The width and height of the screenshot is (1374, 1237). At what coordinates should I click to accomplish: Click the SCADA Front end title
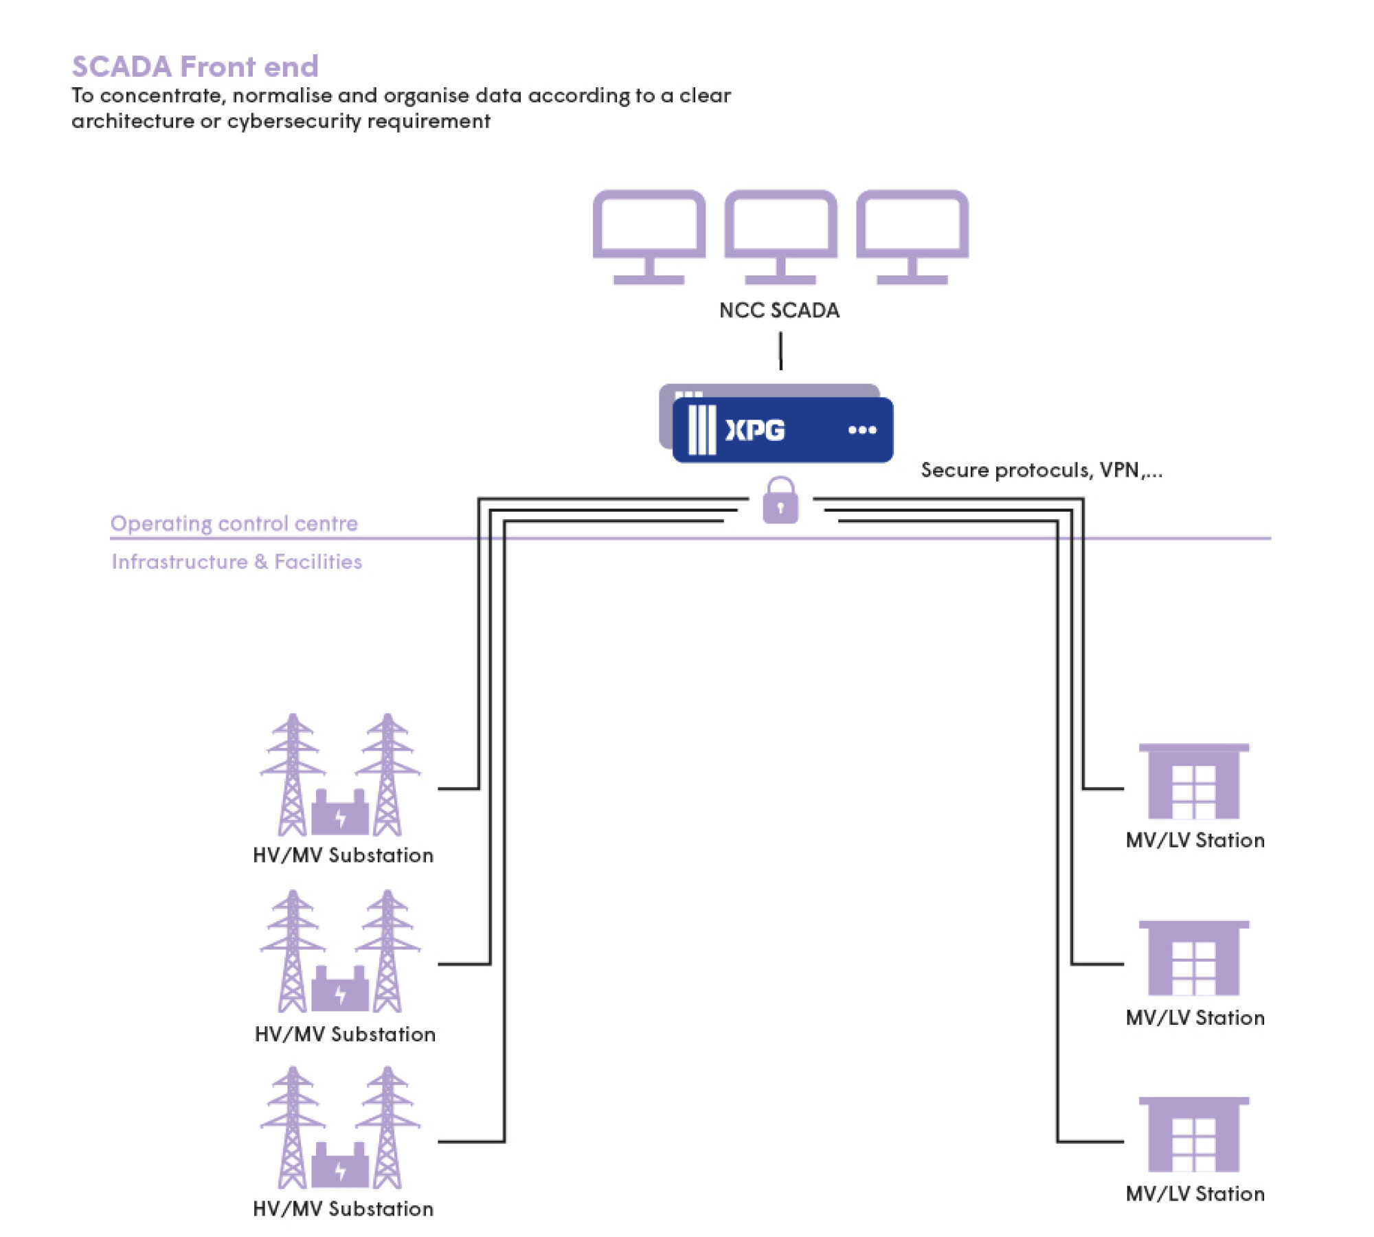point(195,67)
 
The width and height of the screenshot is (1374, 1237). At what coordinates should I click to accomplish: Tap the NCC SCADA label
point(779,310)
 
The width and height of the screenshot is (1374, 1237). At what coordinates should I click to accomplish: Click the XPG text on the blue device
point(755,431)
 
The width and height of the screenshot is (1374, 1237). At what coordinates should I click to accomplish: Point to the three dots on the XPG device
point(862,431)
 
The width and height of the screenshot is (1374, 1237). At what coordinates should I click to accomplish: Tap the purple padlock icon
point(780,501)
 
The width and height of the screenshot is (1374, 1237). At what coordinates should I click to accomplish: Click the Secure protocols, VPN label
point(1041,470)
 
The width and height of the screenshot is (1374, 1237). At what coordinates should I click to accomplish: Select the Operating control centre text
point(234,523)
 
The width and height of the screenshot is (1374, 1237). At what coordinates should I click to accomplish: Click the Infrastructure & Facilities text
point(236,562)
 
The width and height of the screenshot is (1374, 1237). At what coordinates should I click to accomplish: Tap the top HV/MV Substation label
point(343,855)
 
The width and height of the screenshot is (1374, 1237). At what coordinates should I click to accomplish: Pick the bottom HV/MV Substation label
point(343,1209)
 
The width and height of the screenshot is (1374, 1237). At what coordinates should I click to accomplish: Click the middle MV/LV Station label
point(1195,1017)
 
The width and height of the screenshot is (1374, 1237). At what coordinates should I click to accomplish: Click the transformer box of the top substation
point(340,815)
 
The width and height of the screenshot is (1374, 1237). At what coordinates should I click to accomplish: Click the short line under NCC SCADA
point(780,350)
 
